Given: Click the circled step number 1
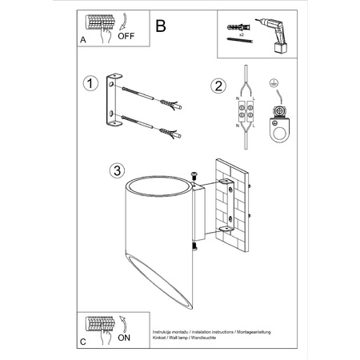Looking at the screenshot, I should pyautogui.click(x=91, y=83).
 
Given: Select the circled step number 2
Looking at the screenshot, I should pyautogui.click(x=217, y=86).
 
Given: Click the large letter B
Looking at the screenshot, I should pyautogui.click(x=160, y=26).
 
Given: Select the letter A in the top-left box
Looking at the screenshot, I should pyautogui.click(x=84, y=38).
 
